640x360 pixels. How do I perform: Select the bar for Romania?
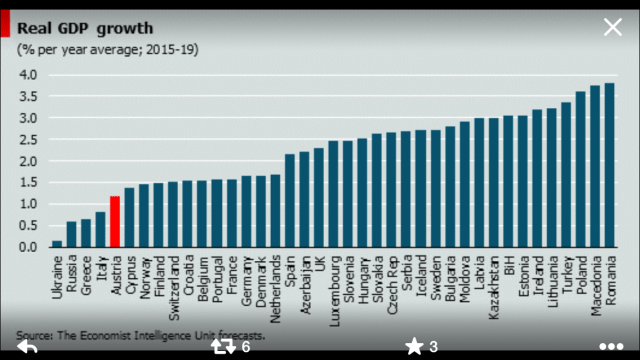(x=610, y=165)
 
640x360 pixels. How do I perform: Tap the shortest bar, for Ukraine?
(x=57, y=243)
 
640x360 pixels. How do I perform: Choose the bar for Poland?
(x=580, y=169)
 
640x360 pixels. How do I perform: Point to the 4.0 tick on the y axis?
(x=27, y=75)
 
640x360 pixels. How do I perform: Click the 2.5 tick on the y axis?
(x=27, y=139)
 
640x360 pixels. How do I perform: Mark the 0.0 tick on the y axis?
(x=27, y=246)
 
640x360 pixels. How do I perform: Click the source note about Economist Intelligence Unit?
(x=140, y=335)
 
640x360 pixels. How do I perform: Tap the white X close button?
(x=612, y=26)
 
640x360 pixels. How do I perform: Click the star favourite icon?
(x=414, y=347)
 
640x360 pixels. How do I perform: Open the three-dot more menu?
(x=610, y=347)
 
